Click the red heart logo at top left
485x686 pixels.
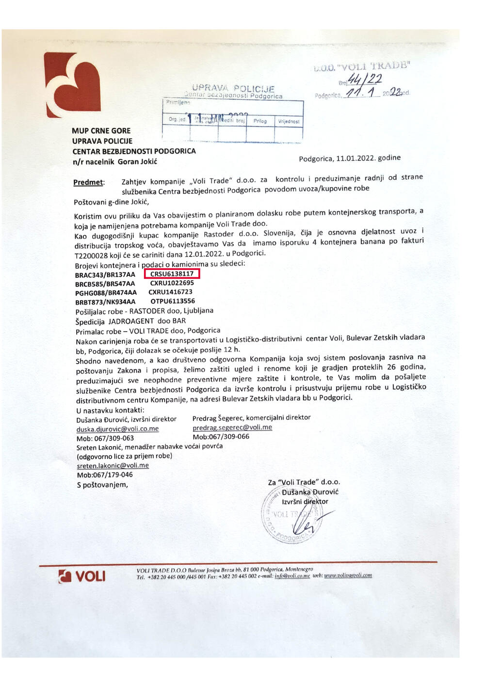72,85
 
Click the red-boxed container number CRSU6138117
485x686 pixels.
172,274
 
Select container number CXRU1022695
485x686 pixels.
172,283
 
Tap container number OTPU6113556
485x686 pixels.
173,301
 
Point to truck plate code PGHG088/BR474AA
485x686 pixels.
106,293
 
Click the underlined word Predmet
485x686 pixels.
88,183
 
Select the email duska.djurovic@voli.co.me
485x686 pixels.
117,429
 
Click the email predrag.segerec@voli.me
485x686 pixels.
232,428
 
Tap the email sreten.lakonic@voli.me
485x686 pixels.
113,465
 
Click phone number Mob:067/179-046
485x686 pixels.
105,475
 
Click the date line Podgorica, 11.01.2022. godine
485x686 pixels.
349,158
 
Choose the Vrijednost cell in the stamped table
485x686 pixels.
289,121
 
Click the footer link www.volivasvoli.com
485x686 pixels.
348,575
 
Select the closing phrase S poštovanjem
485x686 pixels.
102,485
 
